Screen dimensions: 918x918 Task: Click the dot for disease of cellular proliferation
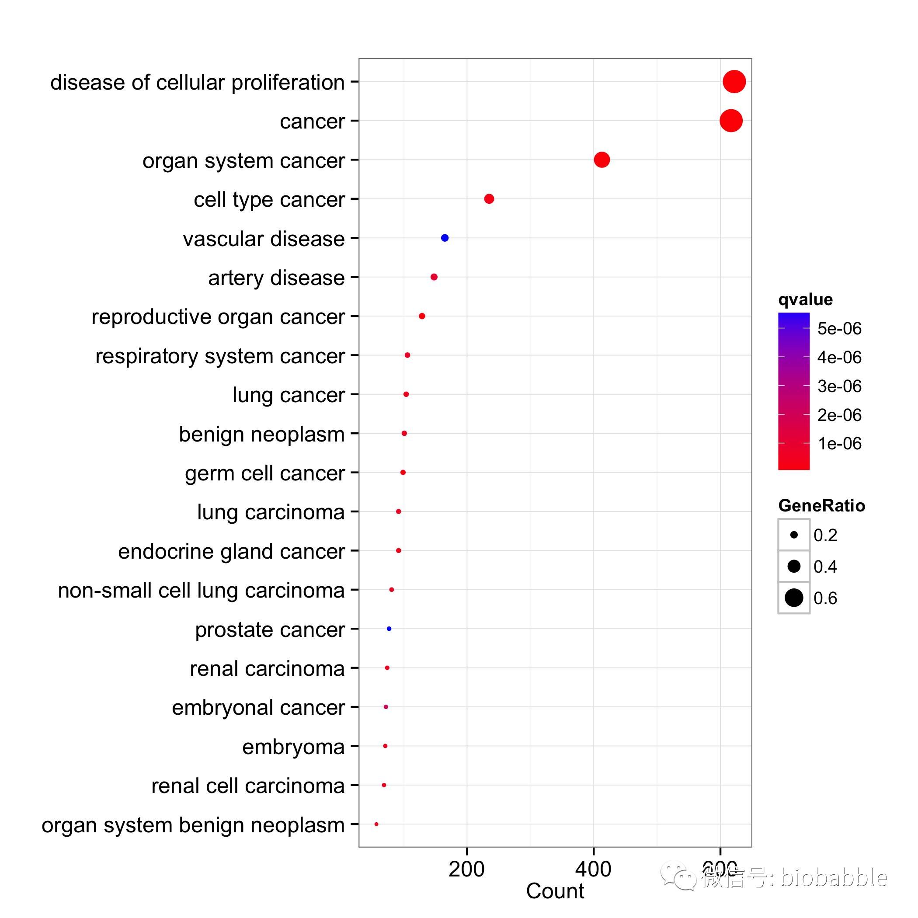click(x=734, y=82)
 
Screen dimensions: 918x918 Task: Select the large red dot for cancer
click(x=731, y=121)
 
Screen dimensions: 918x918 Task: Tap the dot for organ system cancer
click(x=602, y=160)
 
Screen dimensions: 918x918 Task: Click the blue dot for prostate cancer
click(x=389, y=629)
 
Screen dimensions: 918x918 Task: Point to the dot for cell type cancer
click(x=489, y=198)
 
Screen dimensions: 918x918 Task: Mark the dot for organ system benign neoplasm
click(x=376, y=824)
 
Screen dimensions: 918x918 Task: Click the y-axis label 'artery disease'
click(x=276, y=278)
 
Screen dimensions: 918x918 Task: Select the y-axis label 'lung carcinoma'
click(x=271, y=512)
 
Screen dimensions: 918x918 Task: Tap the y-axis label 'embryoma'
click(x=293, y=747)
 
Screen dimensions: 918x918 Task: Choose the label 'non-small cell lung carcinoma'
click(x=201, y=591)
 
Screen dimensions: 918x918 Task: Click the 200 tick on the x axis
click(x=466, y=869)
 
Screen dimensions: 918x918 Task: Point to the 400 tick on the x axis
click(x=593, y=869)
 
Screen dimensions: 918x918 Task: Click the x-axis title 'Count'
click(x=555, y=891)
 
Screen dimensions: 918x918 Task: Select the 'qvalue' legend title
click(x=805, y=299)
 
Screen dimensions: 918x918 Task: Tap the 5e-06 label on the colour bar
click(x=839, y=328)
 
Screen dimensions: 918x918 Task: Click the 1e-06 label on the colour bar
click(x=839, y=443)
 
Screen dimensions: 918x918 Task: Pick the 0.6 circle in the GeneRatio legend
click(x=793, y=598)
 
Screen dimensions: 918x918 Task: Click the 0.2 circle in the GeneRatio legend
click(x=793, y=535)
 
